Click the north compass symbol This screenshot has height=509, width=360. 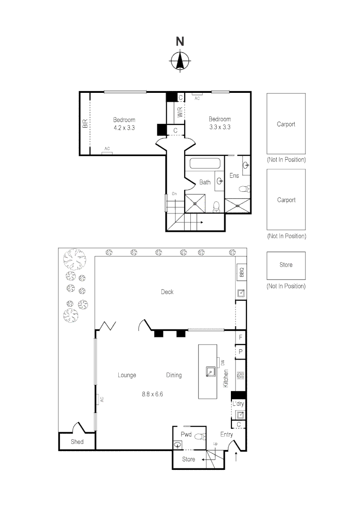click(180, 60)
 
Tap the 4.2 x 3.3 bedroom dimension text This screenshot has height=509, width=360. click(124, 127)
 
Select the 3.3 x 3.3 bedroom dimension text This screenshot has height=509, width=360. click(220, 127)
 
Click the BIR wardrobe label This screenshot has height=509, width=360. click(85, 123)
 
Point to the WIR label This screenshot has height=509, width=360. click(180, 113)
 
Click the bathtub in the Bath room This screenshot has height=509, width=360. click(205, 164)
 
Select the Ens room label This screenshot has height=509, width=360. click(234, 175)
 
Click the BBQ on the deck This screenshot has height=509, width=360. click(241, 272)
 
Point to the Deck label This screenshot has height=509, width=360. click(167, 292)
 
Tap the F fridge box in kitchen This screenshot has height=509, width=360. click(240, 337)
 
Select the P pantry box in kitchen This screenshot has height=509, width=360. click(240, 351)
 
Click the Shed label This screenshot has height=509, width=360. click(77, 442)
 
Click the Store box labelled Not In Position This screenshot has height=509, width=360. click(286, 265)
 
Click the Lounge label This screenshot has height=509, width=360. click(127, 375)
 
